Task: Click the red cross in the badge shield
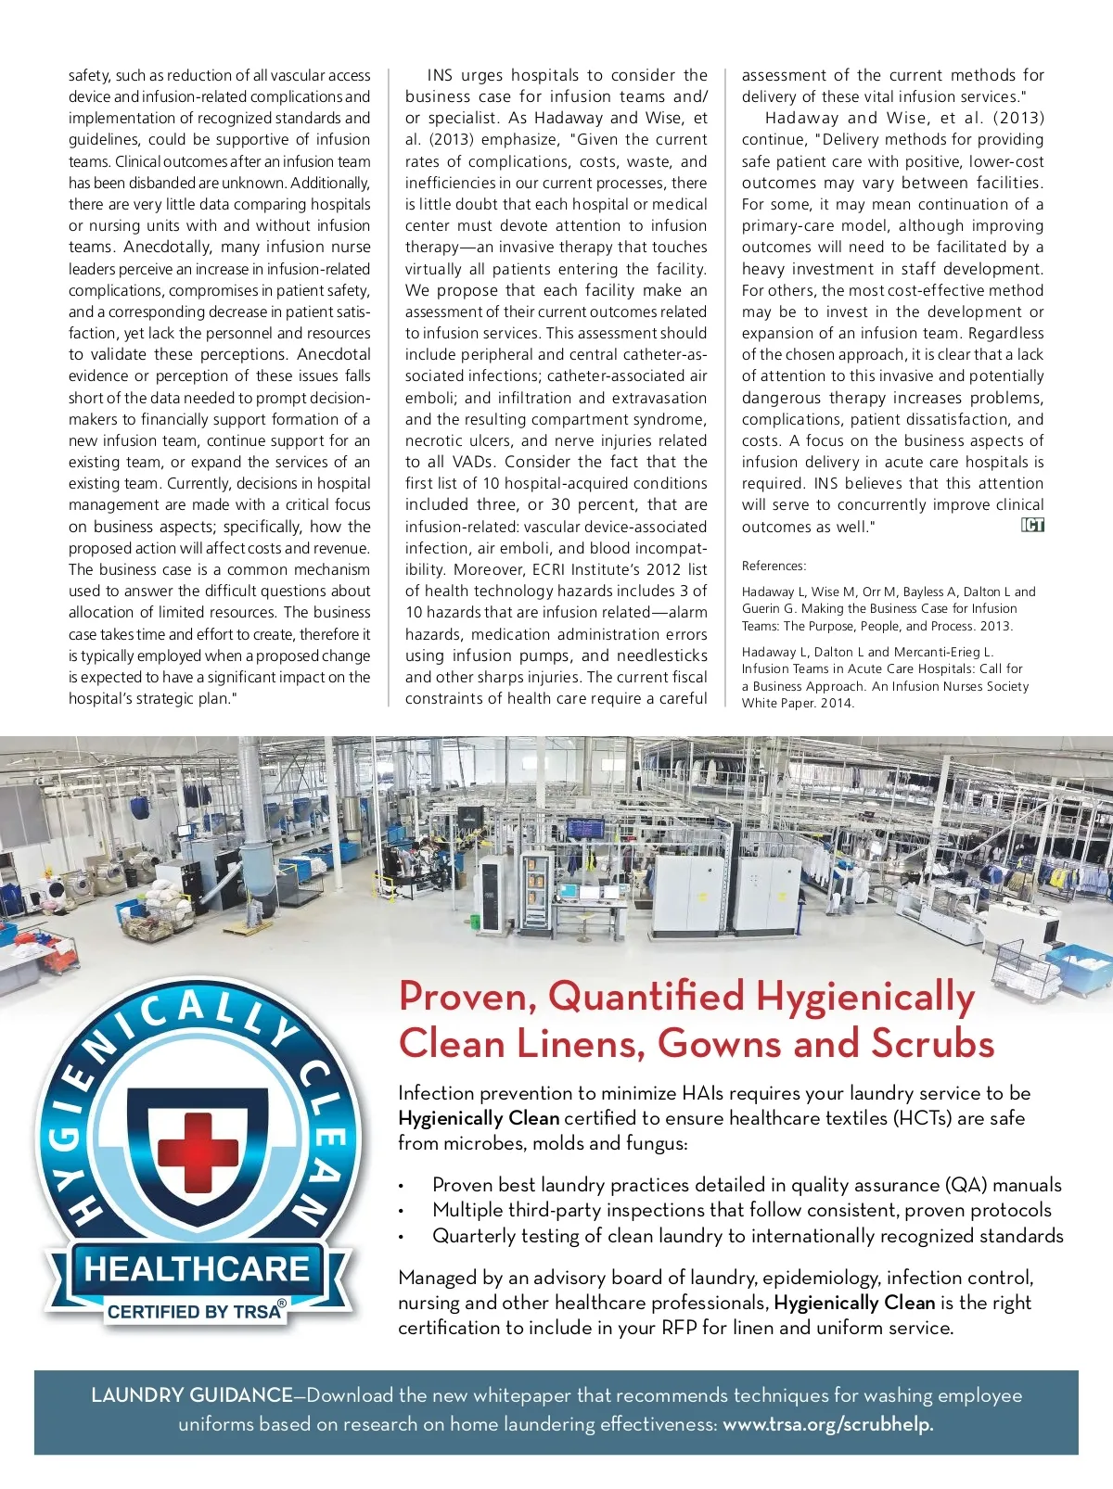pos(198,1142)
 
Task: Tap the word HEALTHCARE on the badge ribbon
pos(197,1268)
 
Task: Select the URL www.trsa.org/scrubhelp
pos(827,1424)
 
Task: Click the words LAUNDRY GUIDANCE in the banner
pos(192,1395)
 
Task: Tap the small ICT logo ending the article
pos(1032,526)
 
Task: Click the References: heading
pos(774,566)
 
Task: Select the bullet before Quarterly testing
pos(401,1238)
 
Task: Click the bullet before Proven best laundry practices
pos(401,1187)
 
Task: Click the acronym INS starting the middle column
pos(440,75)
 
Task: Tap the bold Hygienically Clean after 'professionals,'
pos(854,1303)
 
